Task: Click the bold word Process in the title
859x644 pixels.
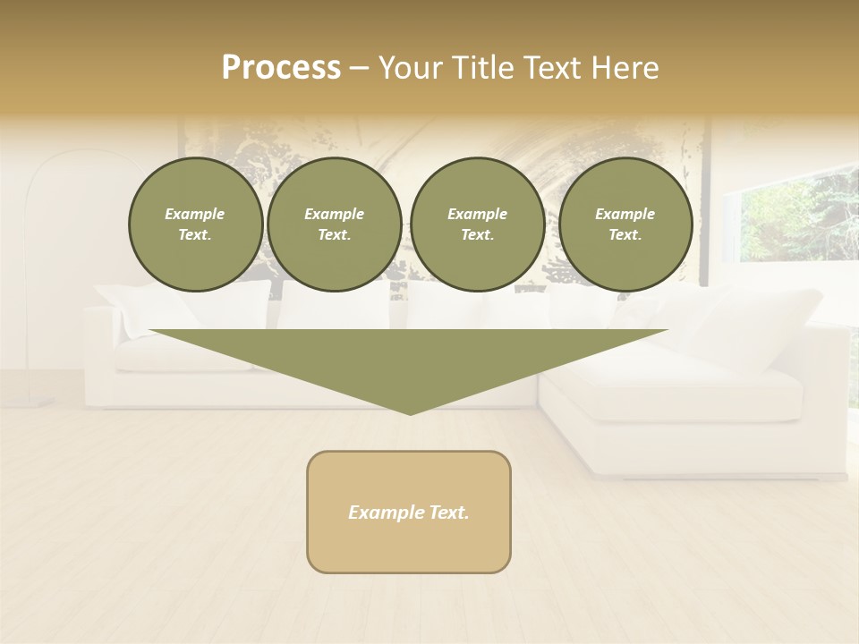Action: pos(281,68)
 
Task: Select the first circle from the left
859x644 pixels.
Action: pos(195,225)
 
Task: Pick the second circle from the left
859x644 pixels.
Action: pos(334,225)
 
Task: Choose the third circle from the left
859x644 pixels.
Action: pos(477,225)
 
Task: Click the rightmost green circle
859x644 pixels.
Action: pos(625,225)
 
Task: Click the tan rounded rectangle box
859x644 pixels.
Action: pos(409,512)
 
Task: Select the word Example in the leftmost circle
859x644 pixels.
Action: pos(195,214)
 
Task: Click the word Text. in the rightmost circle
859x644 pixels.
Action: pos(625,235)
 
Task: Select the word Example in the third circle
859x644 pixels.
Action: pos(477,214)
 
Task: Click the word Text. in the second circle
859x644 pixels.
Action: pos(334,235)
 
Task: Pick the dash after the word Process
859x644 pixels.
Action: pos(359,68)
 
